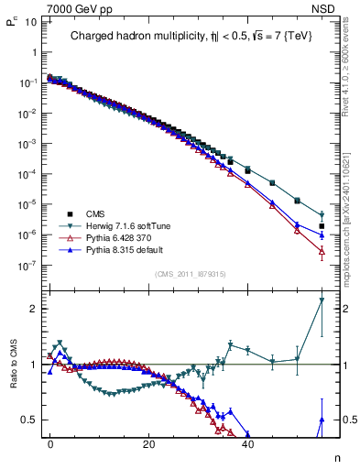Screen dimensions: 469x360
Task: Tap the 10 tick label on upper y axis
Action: click(31, 21)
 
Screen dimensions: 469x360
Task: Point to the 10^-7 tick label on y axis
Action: click(28, 266)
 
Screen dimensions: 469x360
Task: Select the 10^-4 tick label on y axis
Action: click(28, 174)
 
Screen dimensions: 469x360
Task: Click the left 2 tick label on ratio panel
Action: click(34, 309)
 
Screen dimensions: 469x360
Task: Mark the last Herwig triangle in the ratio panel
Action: click(322, 300)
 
